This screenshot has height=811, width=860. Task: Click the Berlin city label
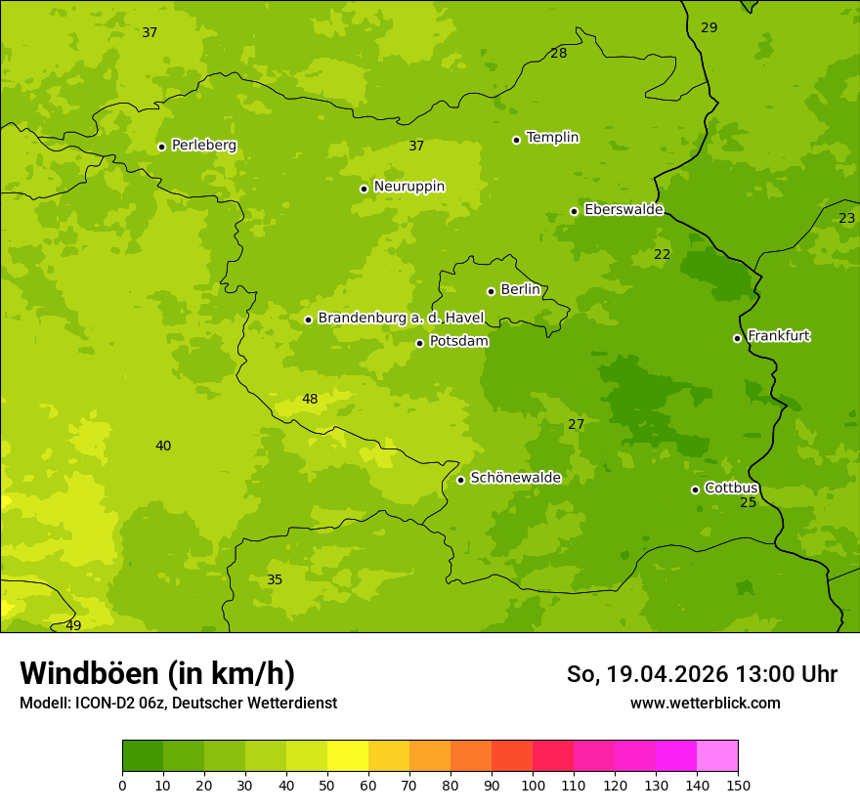[520, 290]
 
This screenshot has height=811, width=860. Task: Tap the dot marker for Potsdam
[419, 343]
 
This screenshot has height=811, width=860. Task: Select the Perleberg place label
[203, 146]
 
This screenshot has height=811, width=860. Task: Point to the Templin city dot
[516, 140]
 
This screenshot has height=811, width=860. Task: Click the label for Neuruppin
[408, 187]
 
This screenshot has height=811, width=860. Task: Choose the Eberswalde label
[623, 210]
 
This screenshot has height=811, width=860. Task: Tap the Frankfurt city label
[778, 336]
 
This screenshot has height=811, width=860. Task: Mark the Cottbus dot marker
[695, 490]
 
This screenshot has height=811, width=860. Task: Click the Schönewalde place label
[515, 478]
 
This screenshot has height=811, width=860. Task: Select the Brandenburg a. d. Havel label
[401, 319]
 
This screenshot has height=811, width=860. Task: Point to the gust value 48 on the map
[310, 399]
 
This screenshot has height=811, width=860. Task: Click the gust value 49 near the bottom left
[73, 625]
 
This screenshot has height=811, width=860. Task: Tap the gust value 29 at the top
[709, 27]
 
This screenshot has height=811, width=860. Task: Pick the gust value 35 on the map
[275, 579]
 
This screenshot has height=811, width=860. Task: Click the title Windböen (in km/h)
[157, 674]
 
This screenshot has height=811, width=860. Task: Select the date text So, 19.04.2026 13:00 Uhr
[702, 674]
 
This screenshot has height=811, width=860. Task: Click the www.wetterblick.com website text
[705, 703]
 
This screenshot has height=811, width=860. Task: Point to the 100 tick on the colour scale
[533, 785]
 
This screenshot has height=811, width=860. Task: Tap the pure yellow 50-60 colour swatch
[348, 756]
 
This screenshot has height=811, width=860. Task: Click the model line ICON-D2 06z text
[178, 703]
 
